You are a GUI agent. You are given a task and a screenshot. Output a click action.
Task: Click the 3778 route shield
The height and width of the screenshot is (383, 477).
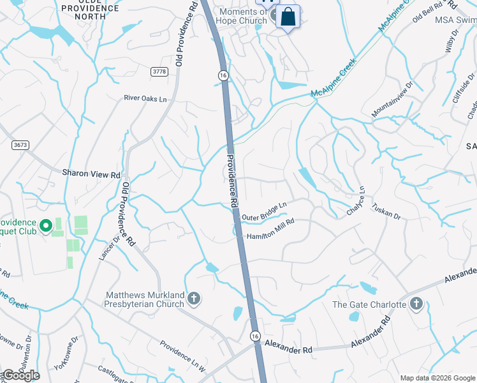(159, 71)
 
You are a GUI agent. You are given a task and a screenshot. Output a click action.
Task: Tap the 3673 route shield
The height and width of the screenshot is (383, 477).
(20, 146)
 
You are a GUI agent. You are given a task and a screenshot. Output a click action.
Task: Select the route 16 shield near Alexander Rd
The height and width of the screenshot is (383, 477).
(255, 335)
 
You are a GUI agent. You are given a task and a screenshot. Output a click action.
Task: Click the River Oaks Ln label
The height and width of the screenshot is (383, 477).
(145, 98)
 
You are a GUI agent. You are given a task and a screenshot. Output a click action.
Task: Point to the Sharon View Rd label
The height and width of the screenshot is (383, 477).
(91, 174)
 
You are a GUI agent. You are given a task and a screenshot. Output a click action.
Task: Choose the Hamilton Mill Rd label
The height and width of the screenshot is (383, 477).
(270, 229)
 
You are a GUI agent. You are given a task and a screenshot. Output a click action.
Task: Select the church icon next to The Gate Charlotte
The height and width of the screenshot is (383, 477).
(416, 304)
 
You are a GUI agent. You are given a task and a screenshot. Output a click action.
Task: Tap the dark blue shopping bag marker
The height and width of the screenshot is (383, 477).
(288, 17)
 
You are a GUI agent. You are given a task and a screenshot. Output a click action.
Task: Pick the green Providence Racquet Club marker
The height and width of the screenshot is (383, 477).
(46, 226)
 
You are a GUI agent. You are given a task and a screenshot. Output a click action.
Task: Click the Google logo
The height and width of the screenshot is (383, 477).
(20, 375)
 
